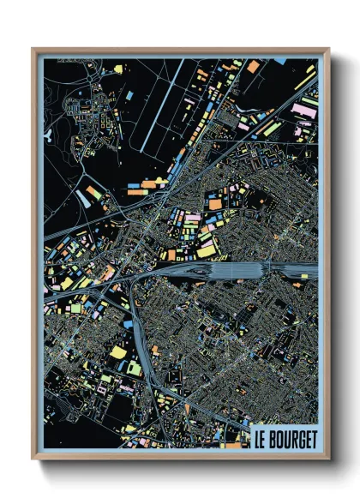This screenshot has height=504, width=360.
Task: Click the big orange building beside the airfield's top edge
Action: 253,66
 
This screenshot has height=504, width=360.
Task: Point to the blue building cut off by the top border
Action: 279,61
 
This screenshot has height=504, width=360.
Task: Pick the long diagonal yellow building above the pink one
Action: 303,83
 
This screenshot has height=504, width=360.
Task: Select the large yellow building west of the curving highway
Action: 117,351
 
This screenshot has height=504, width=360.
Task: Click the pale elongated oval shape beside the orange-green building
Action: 83,198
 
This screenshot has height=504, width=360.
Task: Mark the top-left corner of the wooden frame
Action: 33,49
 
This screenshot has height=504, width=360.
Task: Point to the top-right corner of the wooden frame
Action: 330,49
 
